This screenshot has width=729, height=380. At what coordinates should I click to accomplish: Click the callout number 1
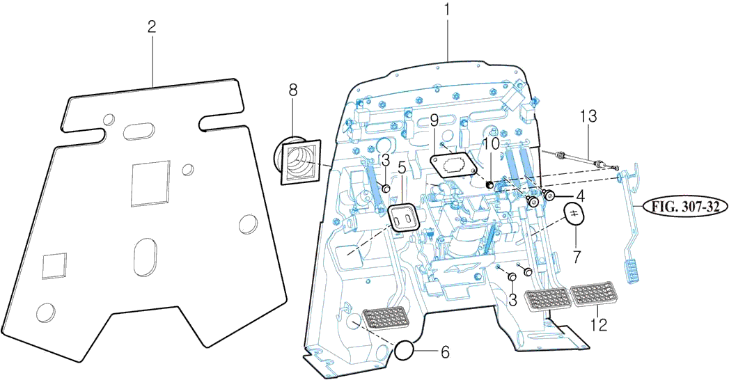point(448,10)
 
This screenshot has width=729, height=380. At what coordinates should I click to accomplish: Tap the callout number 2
point(152,27)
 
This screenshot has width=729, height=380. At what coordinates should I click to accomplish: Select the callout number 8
point(292,89)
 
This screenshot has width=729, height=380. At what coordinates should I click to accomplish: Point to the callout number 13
point(589,117)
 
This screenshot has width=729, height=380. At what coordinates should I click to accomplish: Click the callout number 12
point(599,324)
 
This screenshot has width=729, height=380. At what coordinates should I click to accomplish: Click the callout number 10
point(491,143)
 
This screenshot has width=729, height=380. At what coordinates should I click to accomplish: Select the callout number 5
point(402,167)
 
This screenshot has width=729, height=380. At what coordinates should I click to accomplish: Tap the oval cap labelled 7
point(573,214)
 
